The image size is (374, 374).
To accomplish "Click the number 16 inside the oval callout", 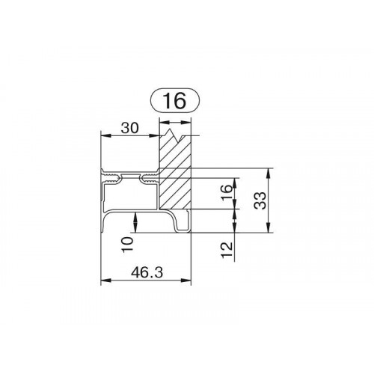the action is (x=174, y=100).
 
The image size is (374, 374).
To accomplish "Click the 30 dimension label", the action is (x=129, y=129).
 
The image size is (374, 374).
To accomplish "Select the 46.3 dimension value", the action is (x=147, y=272).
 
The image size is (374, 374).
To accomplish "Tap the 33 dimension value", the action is (x=260, y=200).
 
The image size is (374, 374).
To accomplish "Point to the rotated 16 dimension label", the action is (x=227, y=193).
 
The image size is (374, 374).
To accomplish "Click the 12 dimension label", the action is (x=227, y=250).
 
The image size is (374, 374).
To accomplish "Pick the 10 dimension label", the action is (x=127, y=245).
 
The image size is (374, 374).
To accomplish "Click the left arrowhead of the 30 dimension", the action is (x=105, y=135).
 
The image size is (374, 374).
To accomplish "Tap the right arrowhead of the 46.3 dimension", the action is (x=186, y=280).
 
